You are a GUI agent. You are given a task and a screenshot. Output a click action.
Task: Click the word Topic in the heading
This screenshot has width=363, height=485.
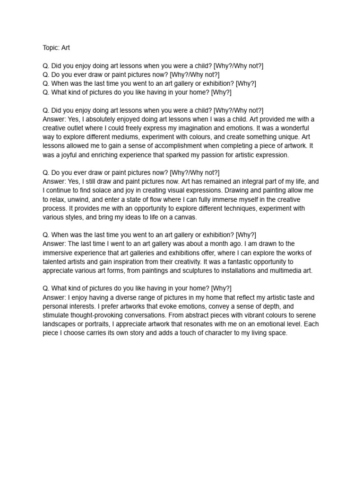point(51,48)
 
